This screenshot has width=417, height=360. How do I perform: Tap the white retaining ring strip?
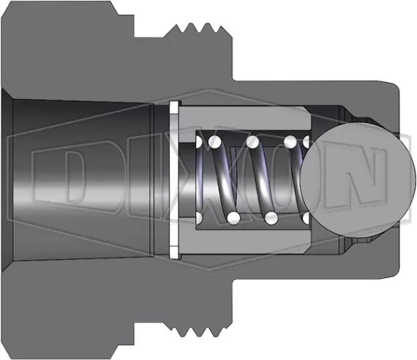coord(174,180)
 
